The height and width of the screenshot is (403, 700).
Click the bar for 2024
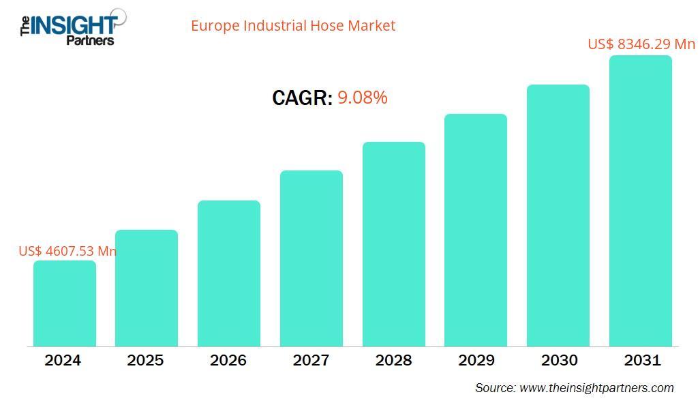coord(64,303)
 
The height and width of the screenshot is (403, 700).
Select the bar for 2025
coord(146,288)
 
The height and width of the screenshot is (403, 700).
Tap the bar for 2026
coord(228,273)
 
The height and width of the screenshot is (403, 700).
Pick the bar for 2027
coord(311,258)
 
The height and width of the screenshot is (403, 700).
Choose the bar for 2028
coord(393,243)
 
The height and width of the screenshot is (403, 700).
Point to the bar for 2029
coord(475,230)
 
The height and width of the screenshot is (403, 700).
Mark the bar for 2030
coord(558,215)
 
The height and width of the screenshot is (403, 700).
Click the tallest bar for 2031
coord(640,200)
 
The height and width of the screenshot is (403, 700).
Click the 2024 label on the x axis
coord(63,360)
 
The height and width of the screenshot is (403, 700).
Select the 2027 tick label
coord(311,360)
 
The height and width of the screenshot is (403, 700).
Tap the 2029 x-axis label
coord(476,360)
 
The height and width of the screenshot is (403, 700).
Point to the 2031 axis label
coord(641,360)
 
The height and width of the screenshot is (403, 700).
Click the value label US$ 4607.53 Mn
coord(67,251)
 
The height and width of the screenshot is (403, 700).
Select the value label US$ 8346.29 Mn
coord(641,44)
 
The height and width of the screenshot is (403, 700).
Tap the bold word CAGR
coord(301,98)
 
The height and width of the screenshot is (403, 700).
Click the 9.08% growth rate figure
coord(363,98)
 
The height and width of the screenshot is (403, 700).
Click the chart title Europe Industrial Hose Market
coord(293,26)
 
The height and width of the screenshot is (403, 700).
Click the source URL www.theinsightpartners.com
coord(596,388)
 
